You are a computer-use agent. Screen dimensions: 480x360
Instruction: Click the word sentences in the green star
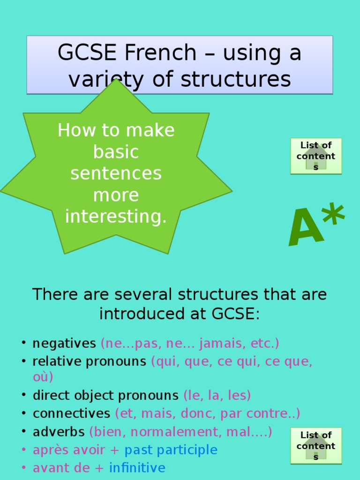[x=116, y=173]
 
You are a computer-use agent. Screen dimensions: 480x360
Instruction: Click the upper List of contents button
[x=316, y=156]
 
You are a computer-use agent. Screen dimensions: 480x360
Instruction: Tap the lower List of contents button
[x=316, y=446]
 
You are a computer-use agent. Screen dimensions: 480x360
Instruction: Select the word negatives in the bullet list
[x=64, y=344]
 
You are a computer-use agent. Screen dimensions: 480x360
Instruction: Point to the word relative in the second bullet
[x=52, y=361]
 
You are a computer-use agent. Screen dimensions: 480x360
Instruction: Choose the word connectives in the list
[x=71, y=413]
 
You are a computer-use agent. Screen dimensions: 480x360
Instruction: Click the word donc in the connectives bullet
[x=203, y=413]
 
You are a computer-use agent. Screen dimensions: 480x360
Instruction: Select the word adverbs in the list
[x=59, y=431]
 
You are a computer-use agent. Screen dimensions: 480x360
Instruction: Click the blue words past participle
[x=171, y=450]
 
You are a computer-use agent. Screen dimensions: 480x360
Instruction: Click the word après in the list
[x=48, y=450]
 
